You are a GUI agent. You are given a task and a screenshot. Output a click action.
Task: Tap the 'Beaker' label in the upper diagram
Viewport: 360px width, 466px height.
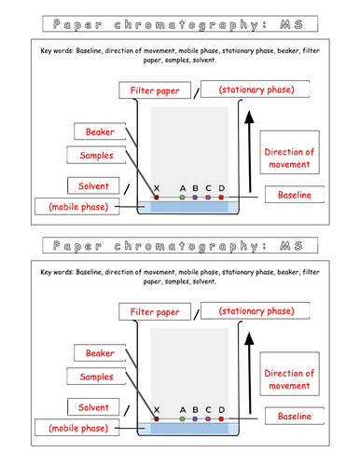(x=100, y=133)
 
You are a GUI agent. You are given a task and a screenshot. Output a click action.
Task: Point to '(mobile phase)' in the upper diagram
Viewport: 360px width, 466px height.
(x=77, y=205)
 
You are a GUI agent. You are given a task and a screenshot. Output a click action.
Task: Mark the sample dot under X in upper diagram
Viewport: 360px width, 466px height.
(x=157, y=198)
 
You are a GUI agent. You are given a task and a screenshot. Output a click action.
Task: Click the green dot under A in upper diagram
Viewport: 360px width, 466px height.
(x=182, y=198)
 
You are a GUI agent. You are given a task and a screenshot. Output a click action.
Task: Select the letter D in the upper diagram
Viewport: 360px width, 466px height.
(x=221, y=187)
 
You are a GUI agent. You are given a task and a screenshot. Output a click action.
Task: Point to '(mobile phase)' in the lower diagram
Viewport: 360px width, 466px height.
(x=77, y=429)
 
